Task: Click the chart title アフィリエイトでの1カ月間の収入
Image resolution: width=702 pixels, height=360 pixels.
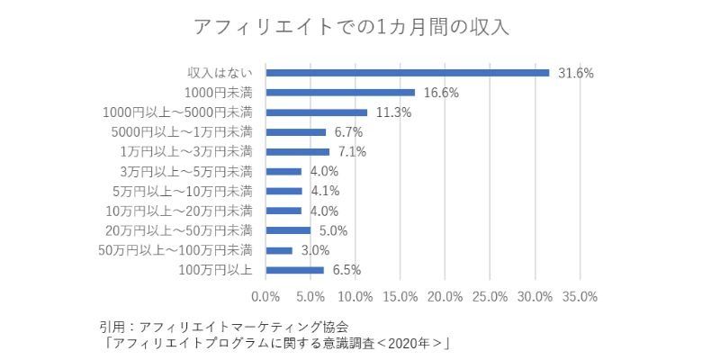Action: [351, 27]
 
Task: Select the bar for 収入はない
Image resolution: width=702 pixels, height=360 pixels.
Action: [408, 73]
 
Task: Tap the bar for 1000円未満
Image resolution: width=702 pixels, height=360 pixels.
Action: [340, 93]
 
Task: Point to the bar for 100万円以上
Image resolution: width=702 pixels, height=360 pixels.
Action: [295, 269]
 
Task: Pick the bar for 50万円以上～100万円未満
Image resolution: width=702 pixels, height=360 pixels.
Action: [279, 249]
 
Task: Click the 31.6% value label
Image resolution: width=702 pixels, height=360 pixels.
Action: [576, 73]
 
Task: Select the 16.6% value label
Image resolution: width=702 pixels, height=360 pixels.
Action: [441, 93]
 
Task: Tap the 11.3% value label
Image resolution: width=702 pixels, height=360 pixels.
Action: [393, 112]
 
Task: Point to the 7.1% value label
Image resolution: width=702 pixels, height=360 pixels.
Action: [352, 151]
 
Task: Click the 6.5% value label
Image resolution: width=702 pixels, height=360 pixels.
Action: [346, 269]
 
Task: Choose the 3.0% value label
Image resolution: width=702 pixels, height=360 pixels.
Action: [315, 249]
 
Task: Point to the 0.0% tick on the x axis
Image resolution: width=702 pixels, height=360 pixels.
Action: [266, 295]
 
